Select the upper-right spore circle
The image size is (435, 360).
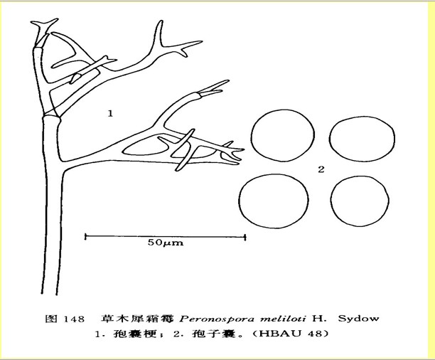[x=360, y=136]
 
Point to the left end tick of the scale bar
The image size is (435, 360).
[x=85, y=236]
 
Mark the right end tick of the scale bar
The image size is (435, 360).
[x=245, y=236]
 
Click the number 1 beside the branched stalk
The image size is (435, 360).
[x=110, y=112]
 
